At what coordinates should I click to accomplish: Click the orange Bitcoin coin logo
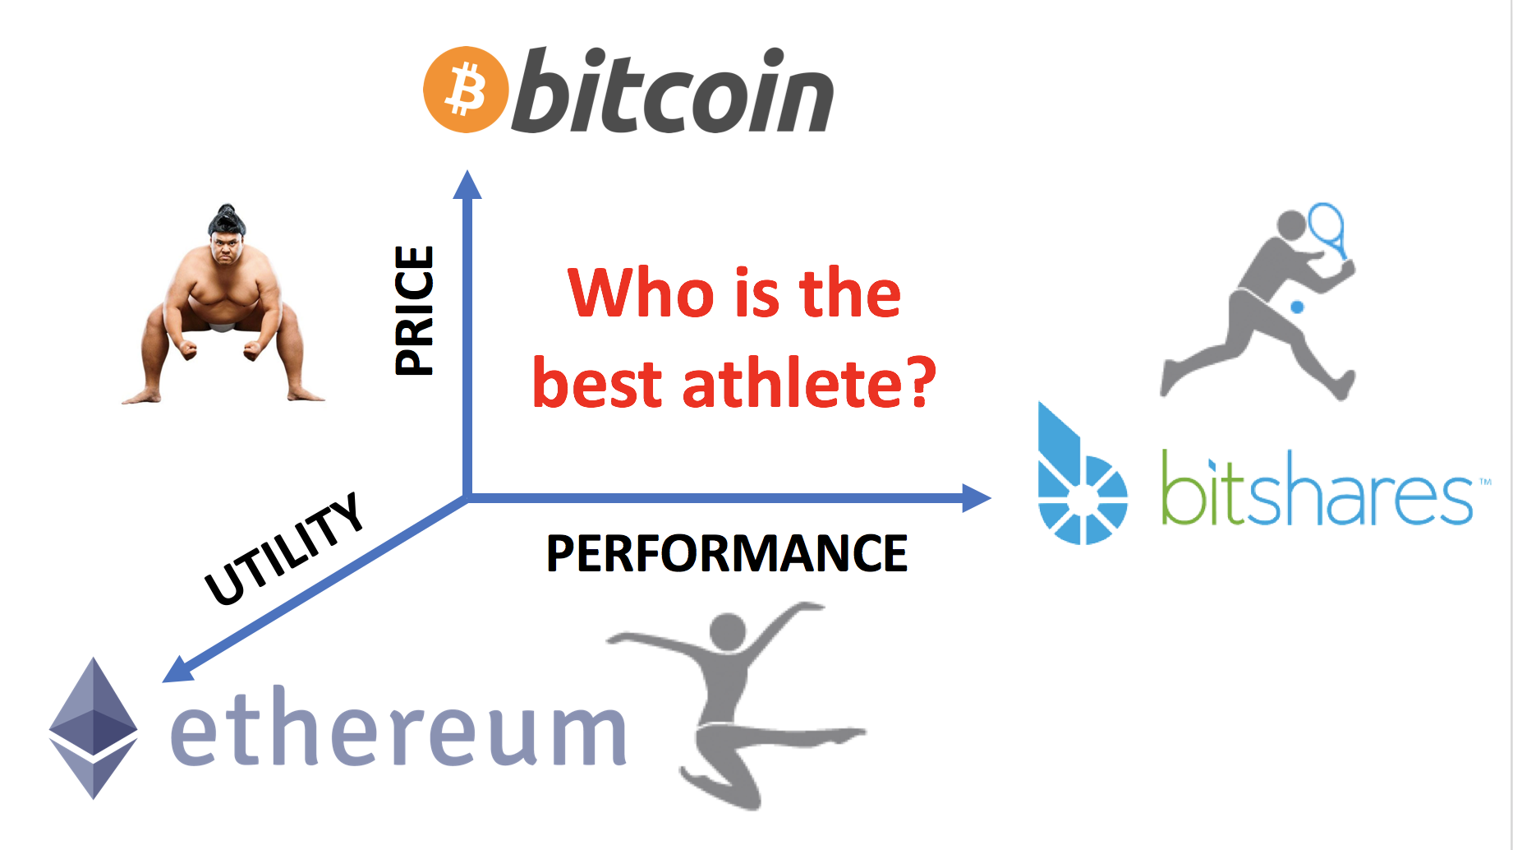(466, 90)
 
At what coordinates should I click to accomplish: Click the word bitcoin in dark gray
(673, 90)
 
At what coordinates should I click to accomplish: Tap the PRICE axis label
(413, 311)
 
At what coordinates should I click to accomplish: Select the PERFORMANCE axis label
(727, 553)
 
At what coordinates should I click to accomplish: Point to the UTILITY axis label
(283, 548)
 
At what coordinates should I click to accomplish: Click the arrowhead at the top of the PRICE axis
(467, 184)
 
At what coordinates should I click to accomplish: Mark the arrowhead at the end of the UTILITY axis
(178, 669)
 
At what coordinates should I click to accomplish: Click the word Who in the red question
(641, 293)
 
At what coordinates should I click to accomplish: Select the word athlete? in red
(809, 384)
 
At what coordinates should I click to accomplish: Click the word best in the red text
(597, 384)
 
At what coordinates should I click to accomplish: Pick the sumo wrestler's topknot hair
(227, 218)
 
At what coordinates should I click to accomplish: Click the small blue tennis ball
(1297, 307)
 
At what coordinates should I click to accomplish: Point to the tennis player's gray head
(1291, 224)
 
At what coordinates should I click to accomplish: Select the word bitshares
(1317, 488)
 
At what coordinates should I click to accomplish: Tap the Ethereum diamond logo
(93, 728)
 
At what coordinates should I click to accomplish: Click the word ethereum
(398, 727)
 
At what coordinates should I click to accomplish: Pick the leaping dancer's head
(728, 632)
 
